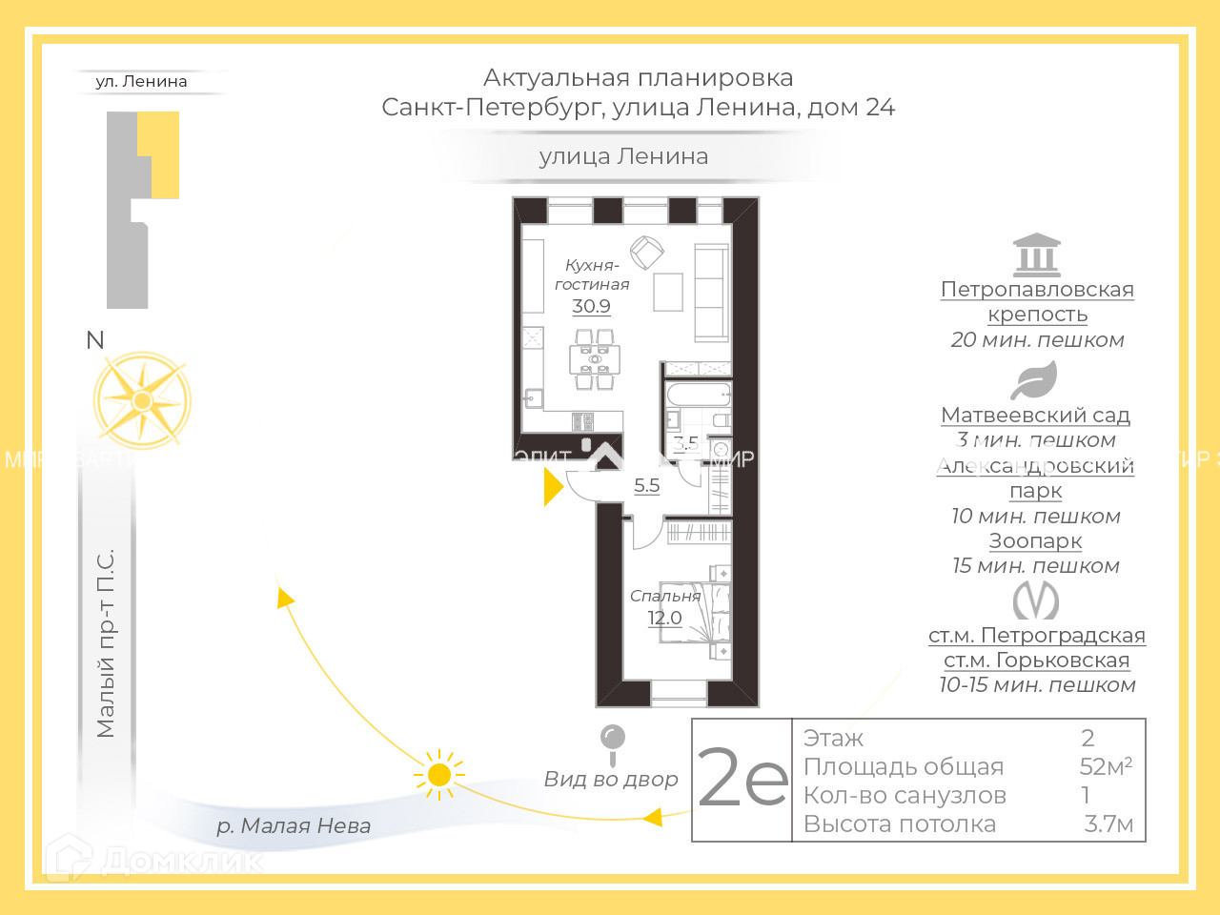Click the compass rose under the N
coord(142,401)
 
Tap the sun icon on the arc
coord(439,774)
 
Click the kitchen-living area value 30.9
coord(591,306)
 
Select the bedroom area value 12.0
coord(664,618)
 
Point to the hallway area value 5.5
coord(646,485)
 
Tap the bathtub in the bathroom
coord(698,395)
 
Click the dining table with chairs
coord(595,359)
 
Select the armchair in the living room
coord(647,253)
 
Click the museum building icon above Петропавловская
coord(1036,254)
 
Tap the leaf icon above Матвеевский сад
coord(1034,381)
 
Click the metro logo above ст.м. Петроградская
coord(1035,600)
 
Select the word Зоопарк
coord(1035,540)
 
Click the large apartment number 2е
coord(742,779)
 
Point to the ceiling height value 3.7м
coord(1108,824)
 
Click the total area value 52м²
coord(1106,766)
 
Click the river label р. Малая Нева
coord(294,825)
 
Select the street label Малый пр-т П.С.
coord(105,643)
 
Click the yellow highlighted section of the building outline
coord(160,152)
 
